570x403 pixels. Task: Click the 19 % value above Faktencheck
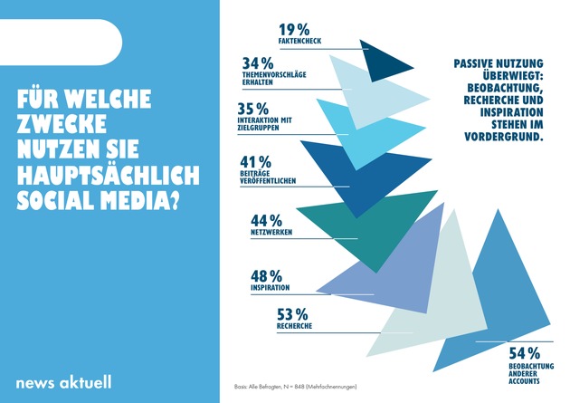tap(294, 29)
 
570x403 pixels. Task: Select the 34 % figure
tap(259, 64)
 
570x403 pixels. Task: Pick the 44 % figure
tap(266, 221)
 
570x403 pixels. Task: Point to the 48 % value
tap(266, 275)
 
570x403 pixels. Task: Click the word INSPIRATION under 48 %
tap(270, 288)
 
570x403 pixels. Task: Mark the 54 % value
tap(523, 353)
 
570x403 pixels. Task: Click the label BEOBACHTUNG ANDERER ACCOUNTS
tap(524, 373)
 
